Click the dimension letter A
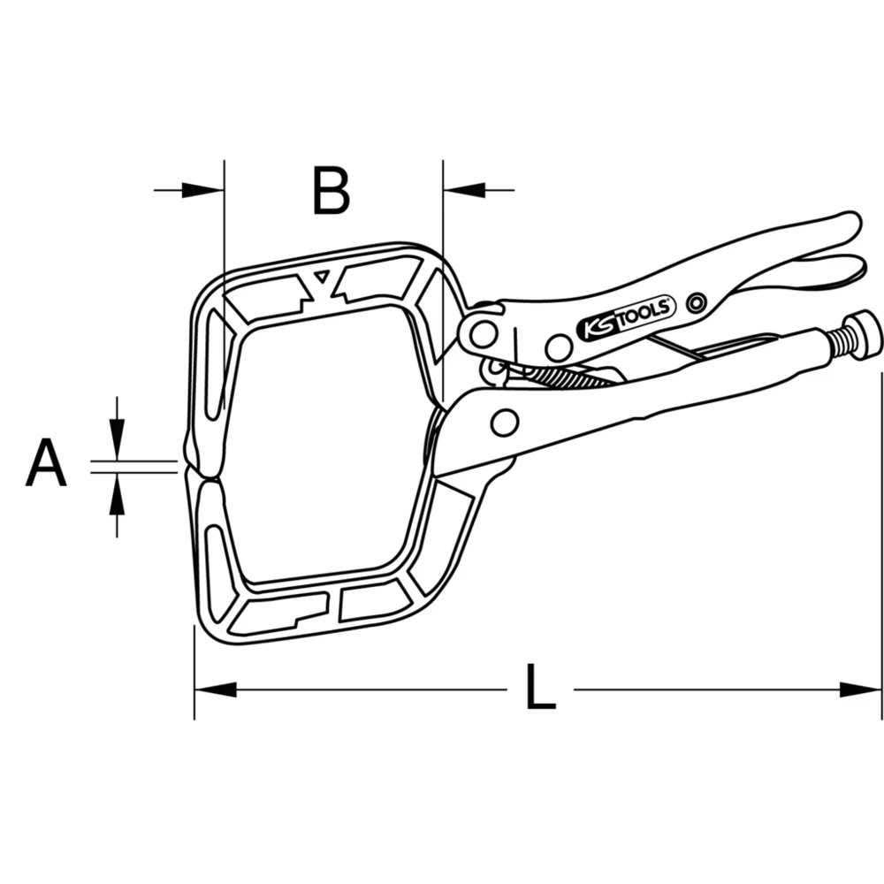[46, 465]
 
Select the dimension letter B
[331, 191]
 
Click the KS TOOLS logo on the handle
[626, 317]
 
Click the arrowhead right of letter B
[464, 189]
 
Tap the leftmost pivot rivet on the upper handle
[483, 333]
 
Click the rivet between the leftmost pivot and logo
[559, 347]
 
